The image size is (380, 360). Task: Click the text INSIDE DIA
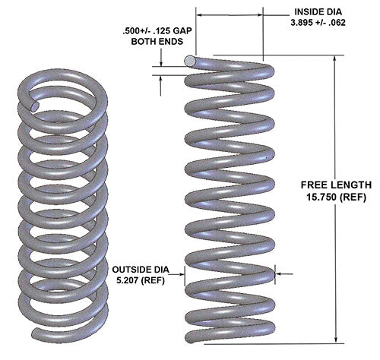(x=321, y=13)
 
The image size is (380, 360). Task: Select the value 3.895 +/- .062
(x=321, y=24)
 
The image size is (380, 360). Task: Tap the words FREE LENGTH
(x=335, y=185)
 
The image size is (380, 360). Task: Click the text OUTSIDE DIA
(x=144, y=270)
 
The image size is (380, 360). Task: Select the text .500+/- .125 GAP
(x=155, y=32)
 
